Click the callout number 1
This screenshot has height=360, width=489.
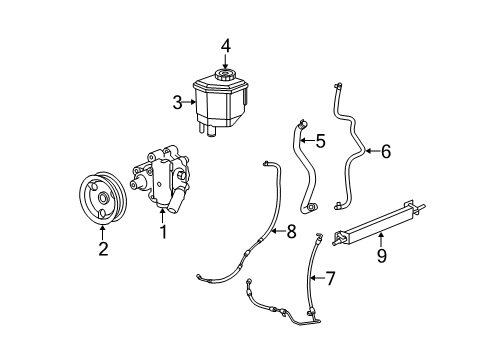click(x=162, y=233)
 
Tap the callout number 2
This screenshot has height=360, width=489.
click(x=102, y=249)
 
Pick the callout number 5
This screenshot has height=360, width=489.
click(x=320, y=141)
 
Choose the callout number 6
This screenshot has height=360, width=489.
click(x=386, y=152)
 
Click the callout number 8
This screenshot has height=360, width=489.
click(x=291, y=232)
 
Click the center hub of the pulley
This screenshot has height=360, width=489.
click(x=102, y=198)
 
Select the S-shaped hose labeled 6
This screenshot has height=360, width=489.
click(x=351, y=150)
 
